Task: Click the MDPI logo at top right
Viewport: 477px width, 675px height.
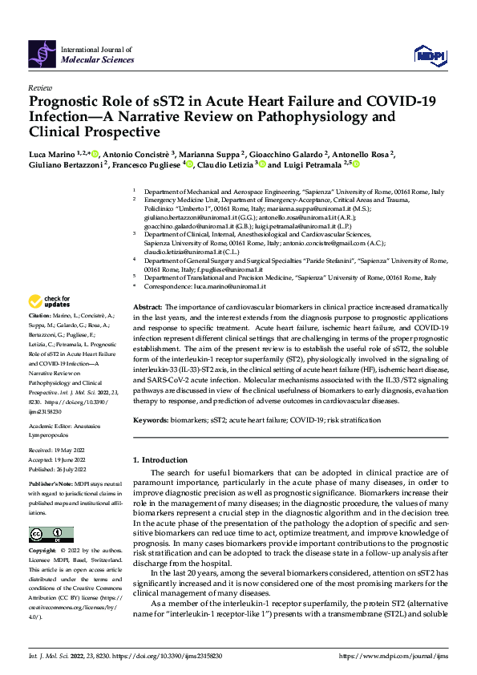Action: pyautogui.click(x=429, y=54)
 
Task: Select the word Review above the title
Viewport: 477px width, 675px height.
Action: pyautogui.click(x=39, y=87)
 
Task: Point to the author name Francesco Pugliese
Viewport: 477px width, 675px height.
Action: pyautogui.click(x=147, y=165)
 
